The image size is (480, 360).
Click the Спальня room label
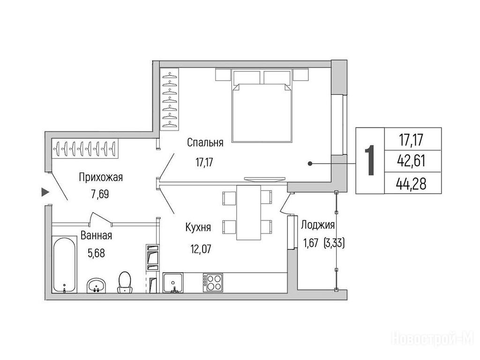coord(205,142)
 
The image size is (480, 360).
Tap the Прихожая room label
coord(101,177)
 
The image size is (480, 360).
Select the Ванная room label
coord(96,236)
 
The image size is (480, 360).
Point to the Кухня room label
coord(198,227)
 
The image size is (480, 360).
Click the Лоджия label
coord(318,225)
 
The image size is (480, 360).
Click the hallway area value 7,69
coord(100,194)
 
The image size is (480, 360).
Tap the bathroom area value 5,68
coord(96,253)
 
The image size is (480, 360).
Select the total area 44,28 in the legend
coord(411,184)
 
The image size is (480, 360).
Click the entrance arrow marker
coord(45,192)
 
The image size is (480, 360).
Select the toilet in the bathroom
coord(125,282)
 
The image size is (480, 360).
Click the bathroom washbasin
coord(97,286)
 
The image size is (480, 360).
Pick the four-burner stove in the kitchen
coord(213,282)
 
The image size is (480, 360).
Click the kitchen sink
coord(173,283)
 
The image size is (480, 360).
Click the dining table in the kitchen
coord(248,213)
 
